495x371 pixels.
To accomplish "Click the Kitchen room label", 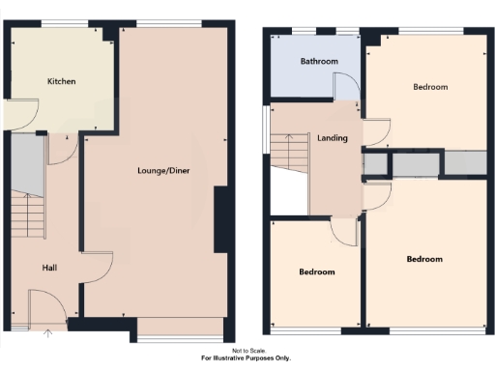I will tap(62, 81).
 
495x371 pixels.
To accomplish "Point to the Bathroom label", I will tap(319, 62).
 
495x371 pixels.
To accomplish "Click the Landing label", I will tap(333, 139).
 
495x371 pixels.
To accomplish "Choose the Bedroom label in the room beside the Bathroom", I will tap(430, 87).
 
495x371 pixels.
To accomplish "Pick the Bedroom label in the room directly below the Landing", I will tap(316, 272).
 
